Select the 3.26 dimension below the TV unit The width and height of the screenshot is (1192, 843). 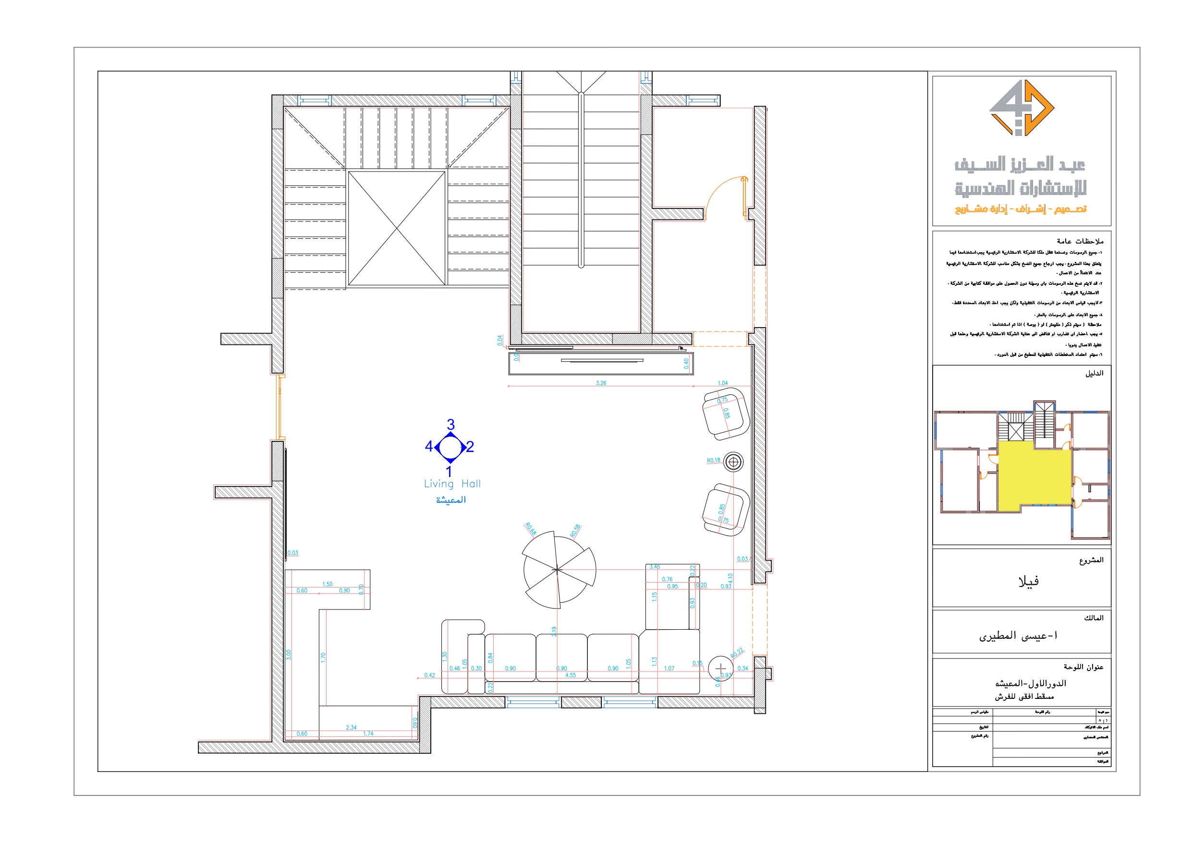coord(601,383)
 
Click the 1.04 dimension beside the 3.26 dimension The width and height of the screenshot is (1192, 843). coord(722,383)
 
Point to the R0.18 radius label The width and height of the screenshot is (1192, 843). coord(713,460)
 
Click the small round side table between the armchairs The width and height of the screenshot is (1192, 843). coord(733,462)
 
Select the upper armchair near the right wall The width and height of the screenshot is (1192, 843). coord(726,414)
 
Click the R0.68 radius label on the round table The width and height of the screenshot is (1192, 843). coord(530,529)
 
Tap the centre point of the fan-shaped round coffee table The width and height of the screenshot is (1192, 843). coord(557,570)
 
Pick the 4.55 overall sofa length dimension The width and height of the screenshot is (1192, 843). coord(570,675)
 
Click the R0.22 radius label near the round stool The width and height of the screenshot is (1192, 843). coord(737,653)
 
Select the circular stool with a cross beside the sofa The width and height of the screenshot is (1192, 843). coord(720,668)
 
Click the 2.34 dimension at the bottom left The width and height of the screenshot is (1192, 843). coord(351,727)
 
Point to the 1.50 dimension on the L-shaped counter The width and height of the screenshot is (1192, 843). coord(327,584)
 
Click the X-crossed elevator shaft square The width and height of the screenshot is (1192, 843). coord(397,229)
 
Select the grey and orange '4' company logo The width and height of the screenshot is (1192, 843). coord(1021,108)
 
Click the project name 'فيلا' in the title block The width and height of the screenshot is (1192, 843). coord(1028,581)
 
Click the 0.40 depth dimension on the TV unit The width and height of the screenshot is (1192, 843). coord(686,364)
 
